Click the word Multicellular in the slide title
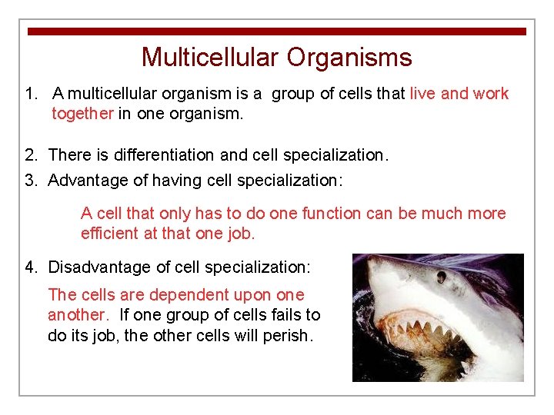[x=211, y=58]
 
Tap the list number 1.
[x=30, y=94]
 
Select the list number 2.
[x=30, y=155]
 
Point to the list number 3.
[x=30, y=180]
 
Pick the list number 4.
[x=30, y=267]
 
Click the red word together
[x=82, y=114]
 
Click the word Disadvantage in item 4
[x=96, y=267]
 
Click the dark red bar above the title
[x=277, y=32]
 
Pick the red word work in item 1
[x=491, y=94]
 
